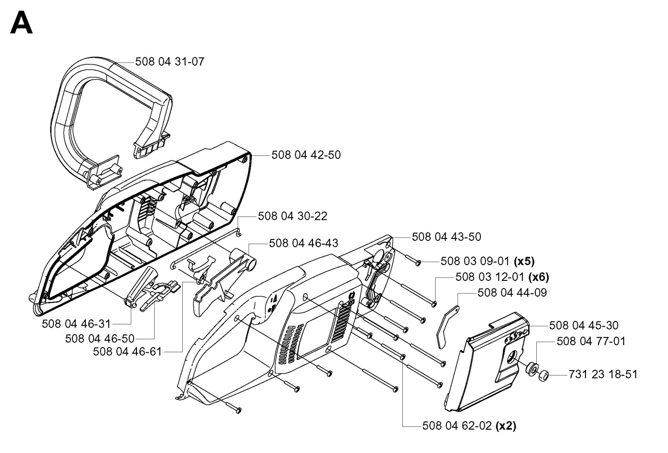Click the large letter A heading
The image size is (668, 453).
pos(21,23)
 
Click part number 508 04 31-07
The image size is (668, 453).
pos(170,62)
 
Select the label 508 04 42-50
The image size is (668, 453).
pos(306,155)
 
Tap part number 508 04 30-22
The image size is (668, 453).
pos(292,216)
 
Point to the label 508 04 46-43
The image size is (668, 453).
pos(303,243)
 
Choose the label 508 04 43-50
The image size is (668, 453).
pos(446,237)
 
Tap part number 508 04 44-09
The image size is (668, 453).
pos(512,293)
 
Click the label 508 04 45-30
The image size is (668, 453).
pos(584,326)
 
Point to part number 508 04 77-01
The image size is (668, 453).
pos(591,341)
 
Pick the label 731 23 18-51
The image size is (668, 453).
pos(603,375)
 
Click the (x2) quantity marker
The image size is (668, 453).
pos(506,426)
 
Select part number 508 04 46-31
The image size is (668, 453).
pos(76,324)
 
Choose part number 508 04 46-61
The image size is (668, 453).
pos(127,352)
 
